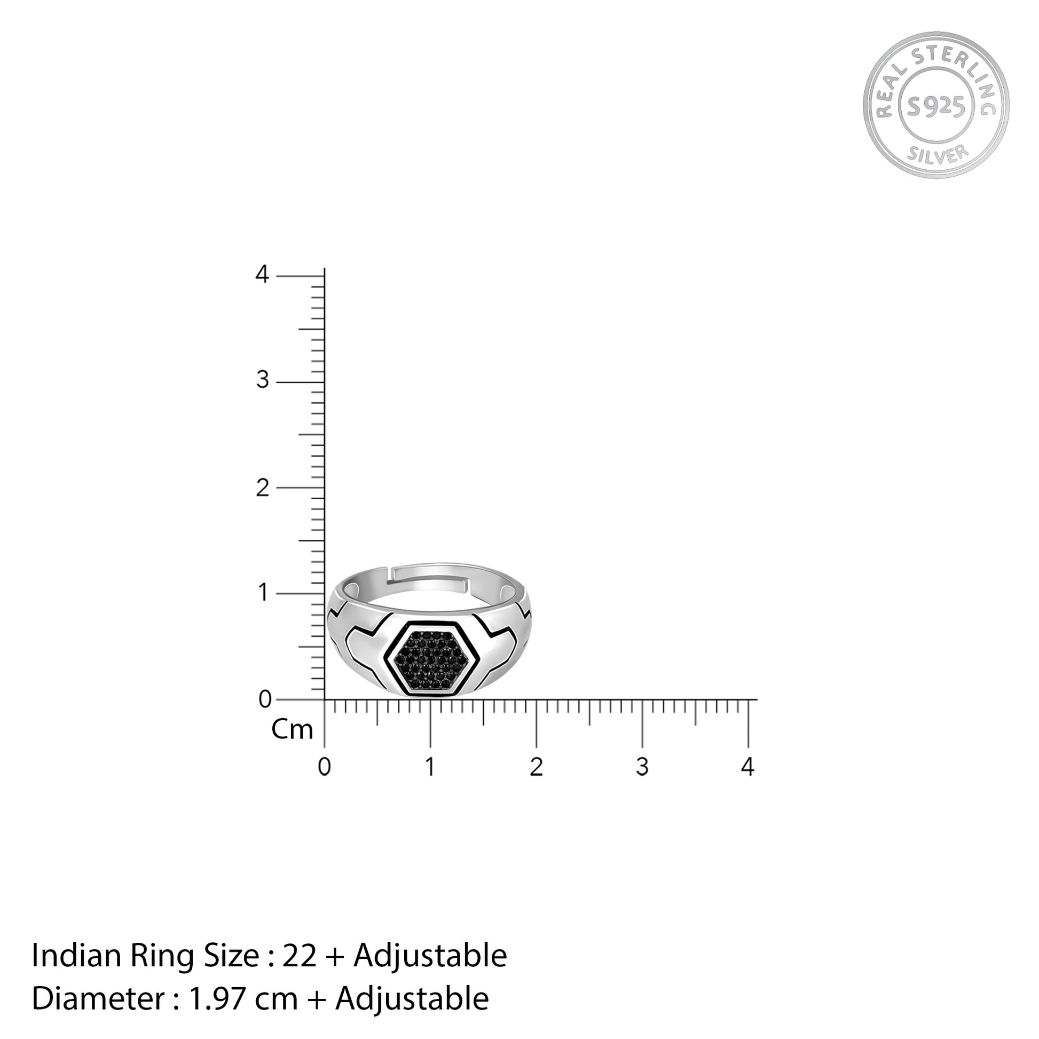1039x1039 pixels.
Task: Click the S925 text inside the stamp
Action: click(x=936, y=108)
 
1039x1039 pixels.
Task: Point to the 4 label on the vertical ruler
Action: click(x=262, y=274)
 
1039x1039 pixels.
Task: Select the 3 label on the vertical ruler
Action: click(x=262, y=380)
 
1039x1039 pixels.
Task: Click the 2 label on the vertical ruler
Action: click(x=262, y=488)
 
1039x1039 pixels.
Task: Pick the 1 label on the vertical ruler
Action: click(x=263, y=593)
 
